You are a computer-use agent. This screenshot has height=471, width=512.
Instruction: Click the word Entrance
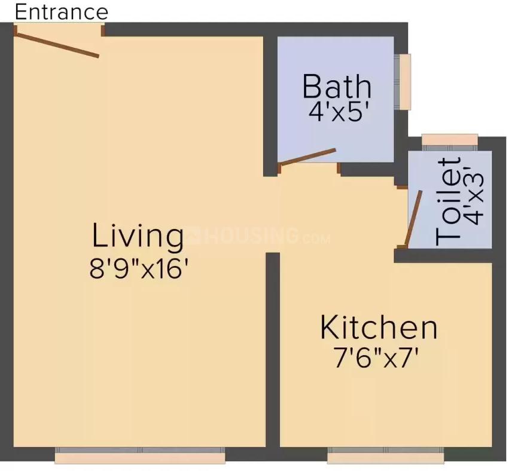(61, 11)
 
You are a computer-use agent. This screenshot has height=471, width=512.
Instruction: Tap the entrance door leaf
(57, 45)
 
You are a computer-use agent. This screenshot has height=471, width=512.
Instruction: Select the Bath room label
(337, 86)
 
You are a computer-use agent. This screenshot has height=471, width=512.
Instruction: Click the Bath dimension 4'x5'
(337, 112)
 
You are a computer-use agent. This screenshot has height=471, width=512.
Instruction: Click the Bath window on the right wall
(405, 82)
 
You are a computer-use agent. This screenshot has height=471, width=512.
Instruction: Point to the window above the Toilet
(450, 140)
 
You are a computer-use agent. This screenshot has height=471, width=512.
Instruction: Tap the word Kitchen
(379, 328)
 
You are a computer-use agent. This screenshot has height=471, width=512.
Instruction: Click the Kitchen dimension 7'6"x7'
(374, 359)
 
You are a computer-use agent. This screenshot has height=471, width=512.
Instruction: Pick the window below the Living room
(140, 457)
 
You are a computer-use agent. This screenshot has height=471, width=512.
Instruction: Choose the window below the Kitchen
(386, 457)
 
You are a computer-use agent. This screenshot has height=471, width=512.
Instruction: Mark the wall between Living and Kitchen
(273, 353)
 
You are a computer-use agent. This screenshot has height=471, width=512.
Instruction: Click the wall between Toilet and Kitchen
(443, 256)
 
